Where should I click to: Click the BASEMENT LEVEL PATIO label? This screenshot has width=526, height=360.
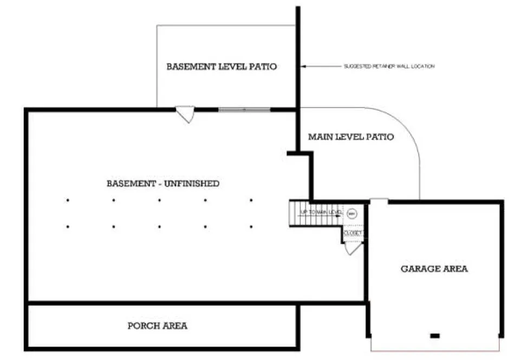[x=222, y=67]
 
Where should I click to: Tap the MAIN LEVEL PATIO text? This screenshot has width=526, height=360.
[x=351, y=137]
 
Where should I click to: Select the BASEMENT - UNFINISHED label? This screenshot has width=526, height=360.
[x=163, y=183]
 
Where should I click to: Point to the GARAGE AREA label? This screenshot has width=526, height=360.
[x=434, y=268]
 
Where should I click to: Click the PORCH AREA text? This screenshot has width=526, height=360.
[x=158, y=326]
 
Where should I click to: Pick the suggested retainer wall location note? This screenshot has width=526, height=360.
[x=389, y=66]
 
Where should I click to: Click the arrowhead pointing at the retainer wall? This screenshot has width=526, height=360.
[x=303, y=66]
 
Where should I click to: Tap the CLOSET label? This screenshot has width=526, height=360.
[x=353, y=233]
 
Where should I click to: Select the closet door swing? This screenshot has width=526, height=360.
[x=353, y=248]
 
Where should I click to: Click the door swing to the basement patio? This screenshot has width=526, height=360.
[x=185, y=114]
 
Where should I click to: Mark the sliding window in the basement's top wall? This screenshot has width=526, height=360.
[x=244, y=110]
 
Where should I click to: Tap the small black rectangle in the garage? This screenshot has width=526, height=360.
[x=434, y=336]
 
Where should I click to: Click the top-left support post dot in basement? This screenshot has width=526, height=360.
[x=68, y=200]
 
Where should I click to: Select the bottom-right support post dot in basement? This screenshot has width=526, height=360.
[x=251, y=226]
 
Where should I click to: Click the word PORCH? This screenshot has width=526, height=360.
[x=142, y=326]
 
